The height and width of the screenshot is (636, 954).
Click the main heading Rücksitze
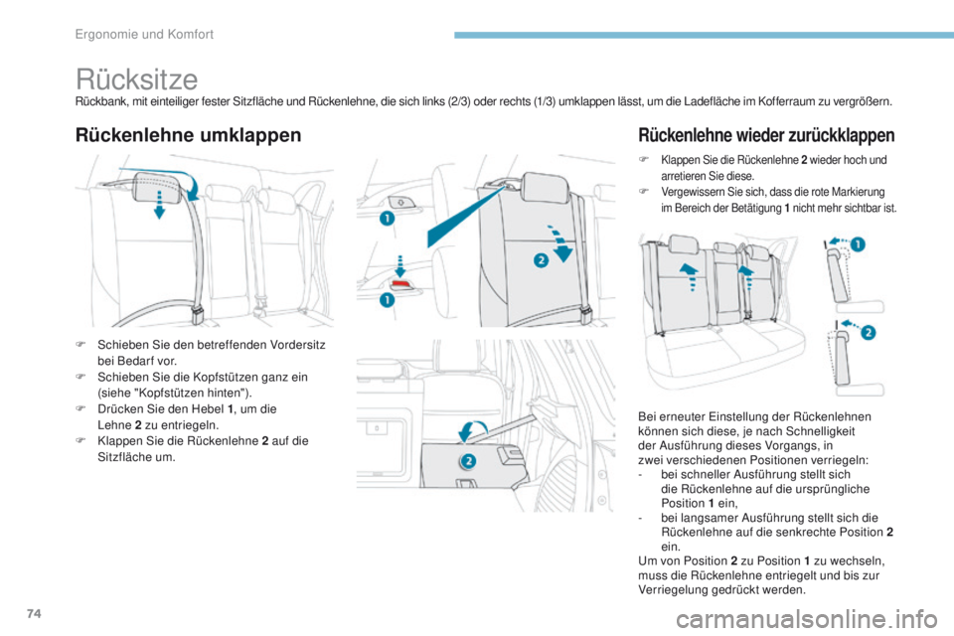pyautogui.click(x=136, y=79)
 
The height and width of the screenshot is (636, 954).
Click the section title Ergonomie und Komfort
pyautogui.click(x=146, y=34)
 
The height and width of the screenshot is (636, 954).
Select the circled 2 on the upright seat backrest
pyautogui.click(x=539, y=259)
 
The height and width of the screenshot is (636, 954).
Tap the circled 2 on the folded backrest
pyautogui.click(x=468, y=460)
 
